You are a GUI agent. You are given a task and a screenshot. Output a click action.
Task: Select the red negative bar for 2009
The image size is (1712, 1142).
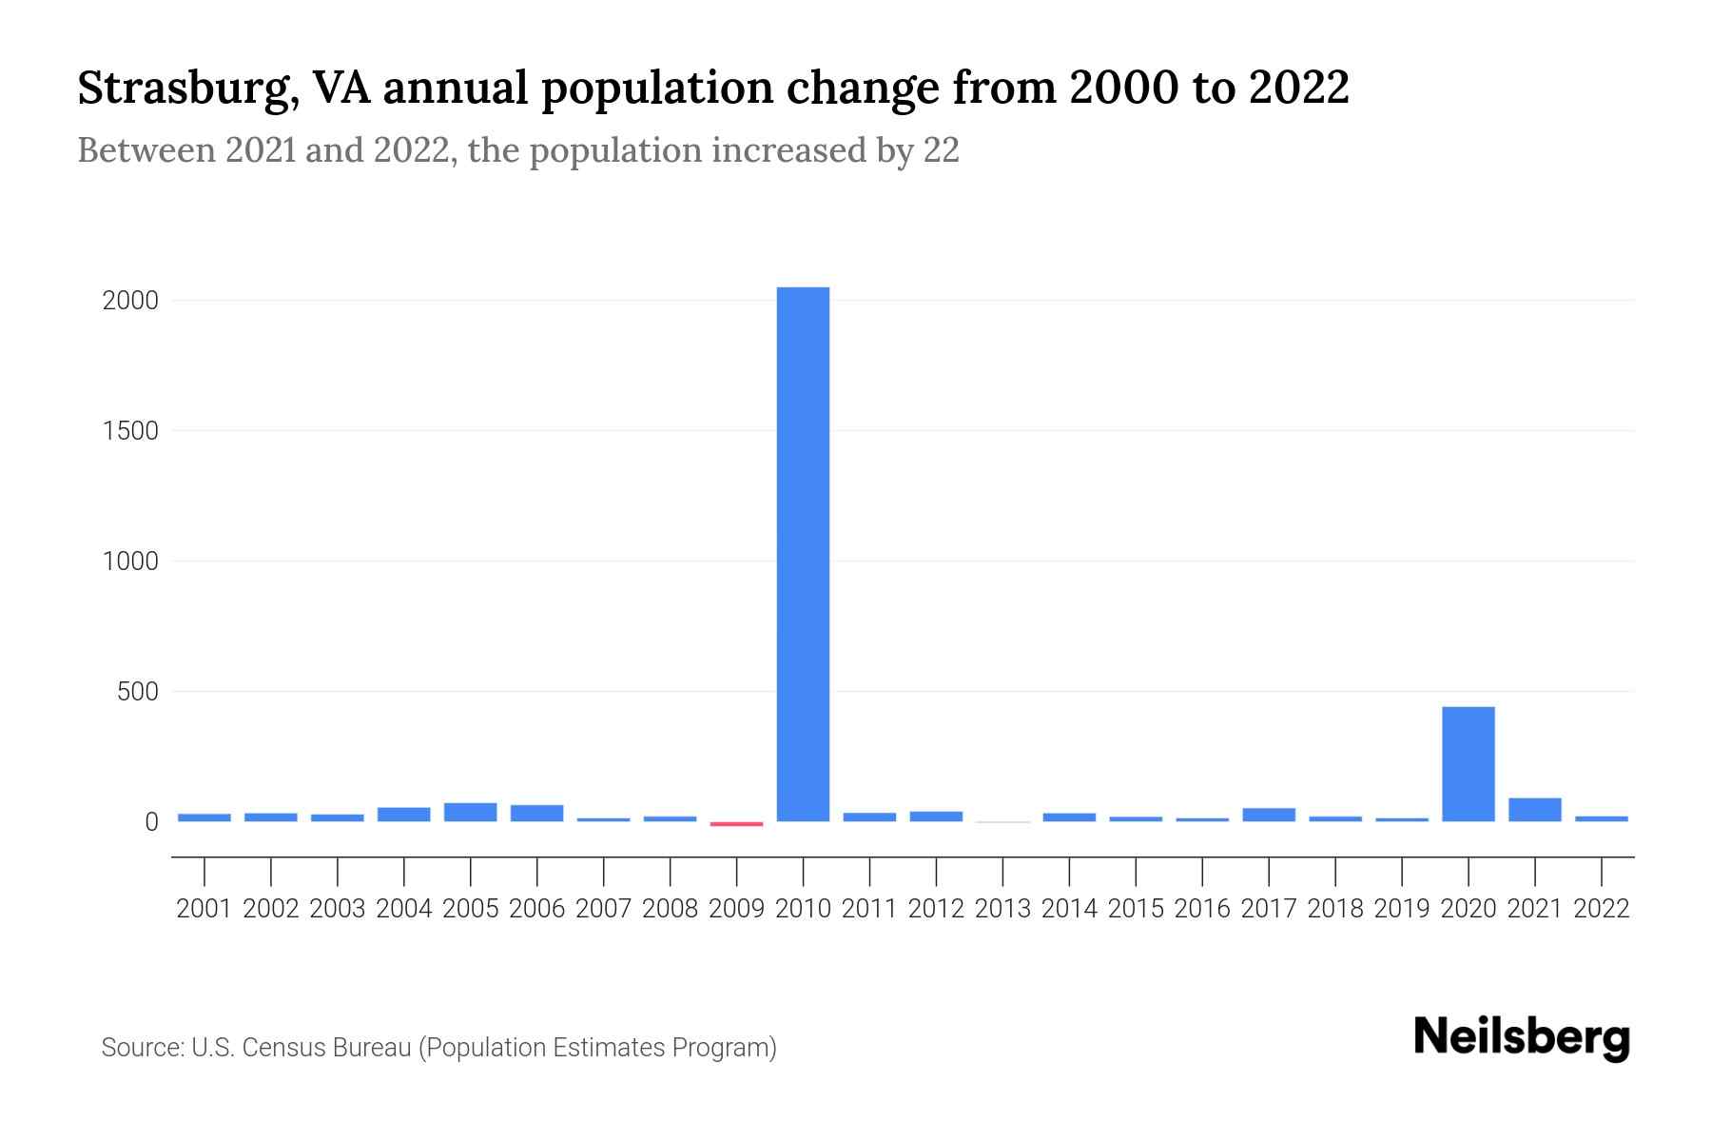(736, 824)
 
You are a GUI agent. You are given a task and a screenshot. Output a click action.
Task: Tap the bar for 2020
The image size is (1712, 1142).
(1468, 763)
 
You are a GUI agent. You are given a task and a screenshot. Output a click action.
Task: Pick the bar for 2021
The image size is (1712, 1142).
(1534, 810)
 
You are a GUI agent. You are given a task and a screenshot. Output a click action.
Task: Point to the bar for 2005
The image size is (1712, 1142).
(470, 812)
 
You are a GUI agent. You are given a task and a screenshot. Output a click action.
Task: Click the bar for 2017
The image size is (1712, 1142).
(1268, 815)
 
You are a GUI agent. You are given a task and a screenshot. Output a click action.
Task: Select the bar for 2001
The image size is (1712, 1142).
(204, 817)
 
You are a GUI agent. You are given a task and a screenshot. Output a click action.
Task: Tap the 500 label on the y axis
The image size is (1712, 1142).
(137, 692)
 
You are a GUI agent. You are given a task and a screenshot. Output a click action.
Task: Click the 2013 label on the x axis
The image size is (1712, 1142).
(1002, 909)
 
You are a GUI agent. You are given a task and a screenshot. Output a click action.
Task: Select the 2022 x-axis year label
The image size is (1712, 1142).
(1601, 909)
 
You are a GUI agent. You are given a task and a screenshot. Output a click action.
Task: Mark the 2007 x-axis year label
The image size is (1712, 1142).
(603, 909)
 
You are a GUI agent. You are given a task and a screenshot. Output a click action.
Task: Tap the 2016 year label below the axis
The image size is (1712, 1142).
(1202, 909)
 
